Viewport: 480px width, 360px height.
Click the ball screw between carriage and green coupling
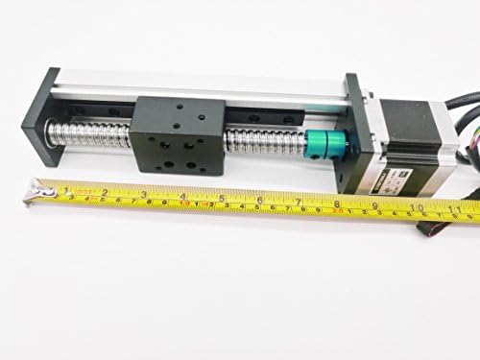pos(259,144)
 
